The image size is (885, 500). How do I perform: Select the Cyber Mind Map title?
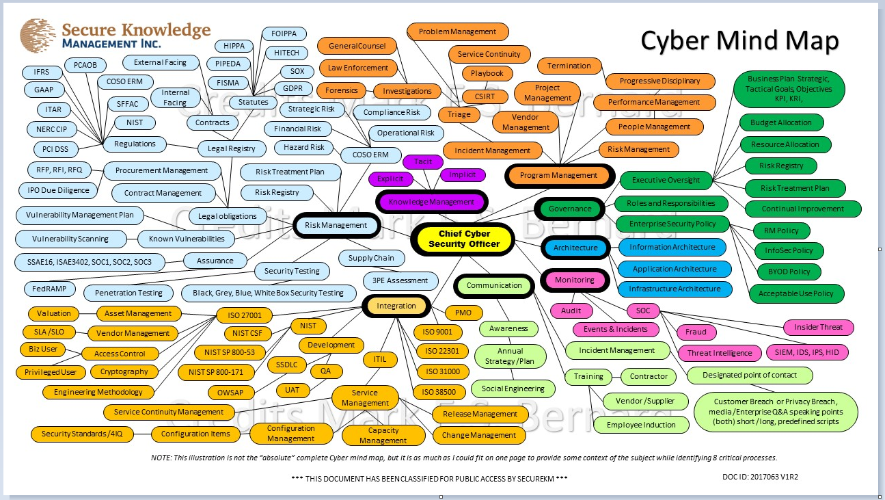739,40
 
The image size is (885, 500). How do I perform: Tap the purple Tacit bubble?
423,161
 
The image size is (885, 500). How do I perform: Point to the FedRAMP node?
49,289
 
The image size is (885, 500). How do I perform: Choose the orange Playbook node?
487,73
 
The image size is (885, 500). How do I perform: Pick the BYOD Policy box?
789,272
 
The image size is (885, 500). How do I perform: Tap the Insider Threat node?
818,327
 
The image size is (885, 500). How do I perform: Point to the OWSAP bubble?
231,393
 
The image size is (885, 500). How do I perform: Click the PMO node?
459,313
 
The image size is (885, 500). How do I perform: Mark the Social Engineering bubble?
513,389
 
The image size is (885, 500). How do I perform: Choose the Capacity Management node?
383,436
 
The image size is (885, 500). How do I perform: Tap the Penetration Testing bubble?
128,293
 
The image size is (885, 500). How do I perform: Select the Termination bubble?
569,66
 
